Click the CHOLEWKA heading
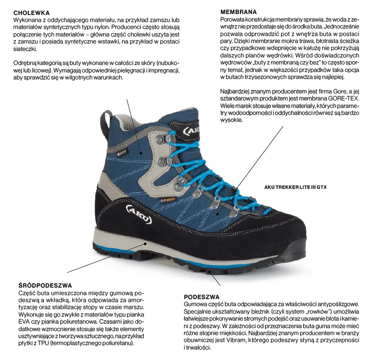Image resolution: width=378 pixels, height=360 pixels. pyautogui.click(x=31, y=12)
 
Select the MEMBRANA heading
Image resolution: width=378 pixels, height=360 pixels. pyautogui.click(x=238, y=11)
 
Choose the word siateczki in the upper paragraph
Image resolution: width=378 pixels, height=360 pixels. pyautogui.click(x=23, y=49)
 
